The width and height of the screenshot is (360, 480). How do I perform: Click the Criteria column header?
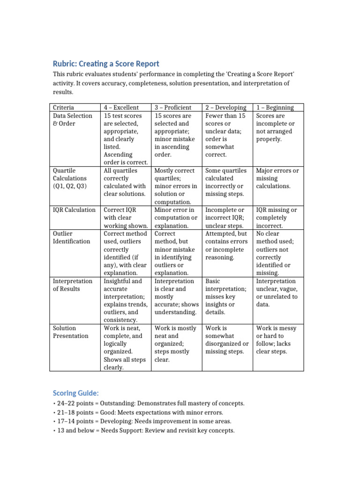tap(63, 107)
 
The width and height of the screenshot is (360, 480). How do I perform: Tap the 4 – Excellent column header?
tap(122, 107)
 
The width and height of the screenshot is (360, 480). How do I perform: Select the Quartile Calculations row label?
tap(70, 178)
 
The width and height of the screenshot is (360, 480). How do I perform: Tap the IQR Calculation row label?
tap(74, 210)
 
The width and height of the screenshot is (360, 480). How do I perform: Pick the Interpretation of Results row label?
tap(73, 285)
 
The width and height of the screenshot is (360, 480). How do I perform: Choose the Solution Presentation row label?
tap(70, 332)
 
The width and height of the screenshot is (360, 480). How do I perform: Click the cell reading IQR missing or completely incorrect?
tap(277, 217)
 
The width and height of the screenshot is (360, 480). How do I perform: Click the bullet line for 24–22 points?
tap(149, 403)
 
